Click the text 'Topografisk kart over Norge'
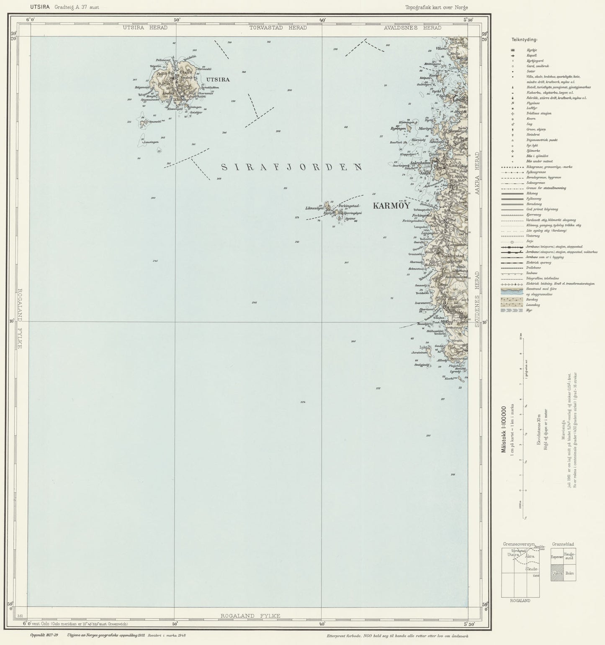[x=436, y=7]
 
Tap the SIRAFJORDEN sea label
[x=291, y=167]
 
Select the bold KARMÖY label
[x=391, y=206]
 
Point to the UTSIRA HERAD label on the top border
[x=145, y=28]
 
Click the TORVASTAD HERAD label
[x=278, y=28]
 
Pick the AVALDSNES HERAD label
[x=412, y=28]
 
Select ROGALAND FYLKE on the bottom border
[x=250, y=615]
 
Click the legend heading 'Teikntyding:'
[x=524, y=40]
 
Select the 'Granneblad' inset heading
[x=563, y=544]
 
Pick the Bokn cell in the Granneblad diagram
[x=569, y=573]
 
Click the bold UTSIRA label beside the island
[x=218, y=79]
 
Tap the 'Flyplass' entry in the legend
[x=533, y=103]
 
